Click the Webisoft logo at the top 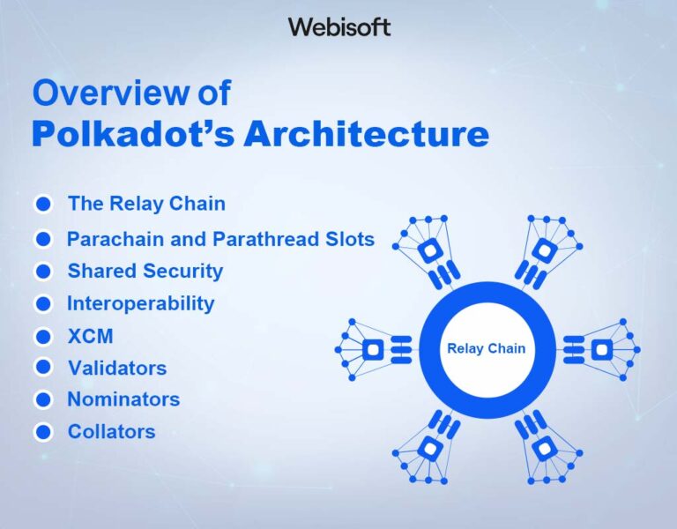point(338,27)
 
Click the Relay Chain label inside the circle point(486,348)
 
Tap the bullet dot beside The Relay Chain point(43,205)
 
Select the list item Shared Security point(145,271)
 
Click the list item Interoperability point(140,303)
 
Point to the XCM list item point(90,336)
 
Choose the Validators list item point(116,367)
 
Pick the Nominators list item point(123,399)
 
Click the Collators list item point(111,432)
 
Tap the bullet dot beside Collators point(43,432)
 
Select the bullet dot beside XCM point(43,336)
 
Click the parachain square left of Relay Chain point(373,349)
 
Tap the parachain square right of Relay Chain point(600,349)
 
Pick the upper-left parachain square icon point(429,251)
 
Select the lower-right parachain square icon point(544,448)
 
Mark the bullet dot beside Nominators point(43,399)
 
